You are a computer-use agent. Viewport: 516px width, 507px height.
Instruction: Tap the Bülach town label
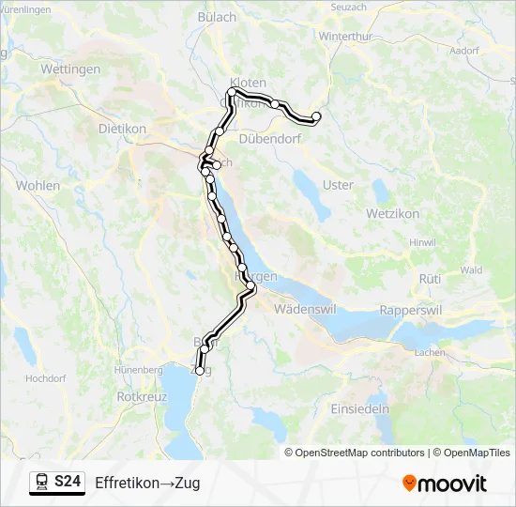click(218, 17)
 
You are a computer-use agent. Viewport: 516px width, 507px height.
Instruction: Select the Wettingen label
click(70, 69)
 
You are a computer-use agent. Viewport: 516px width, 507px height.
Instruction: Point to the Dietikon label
click(121, 129)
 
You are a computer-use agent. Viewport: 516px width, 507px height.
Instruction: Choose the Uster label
click(338, 185)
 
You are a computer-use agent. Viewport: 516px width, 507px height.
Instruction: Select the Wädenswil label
click(305, 308)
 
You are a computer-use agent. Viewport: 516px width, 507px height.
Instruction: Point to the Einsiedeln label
click(359, 409)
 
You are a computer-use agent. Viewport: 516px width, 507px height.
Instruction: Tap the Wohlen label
click(38, 185)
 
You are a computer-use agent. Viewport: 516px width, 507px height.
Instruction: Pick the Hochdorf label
click(45, 378)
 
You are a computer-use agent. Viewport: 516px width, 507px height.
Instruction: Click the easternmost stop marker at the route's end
click(316, 116)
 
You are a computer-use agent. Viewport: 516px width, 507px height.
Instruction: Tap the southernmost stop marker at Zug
click(199, 371)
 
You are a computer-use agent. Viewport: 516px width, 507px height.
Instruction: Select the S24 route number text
click(68, 483)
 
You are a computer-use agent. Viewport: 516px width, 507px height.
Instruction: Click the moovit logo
click(445, 484)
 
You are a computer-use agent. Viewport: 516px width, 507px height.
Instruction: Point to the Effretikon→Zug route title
click(147, 483)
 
